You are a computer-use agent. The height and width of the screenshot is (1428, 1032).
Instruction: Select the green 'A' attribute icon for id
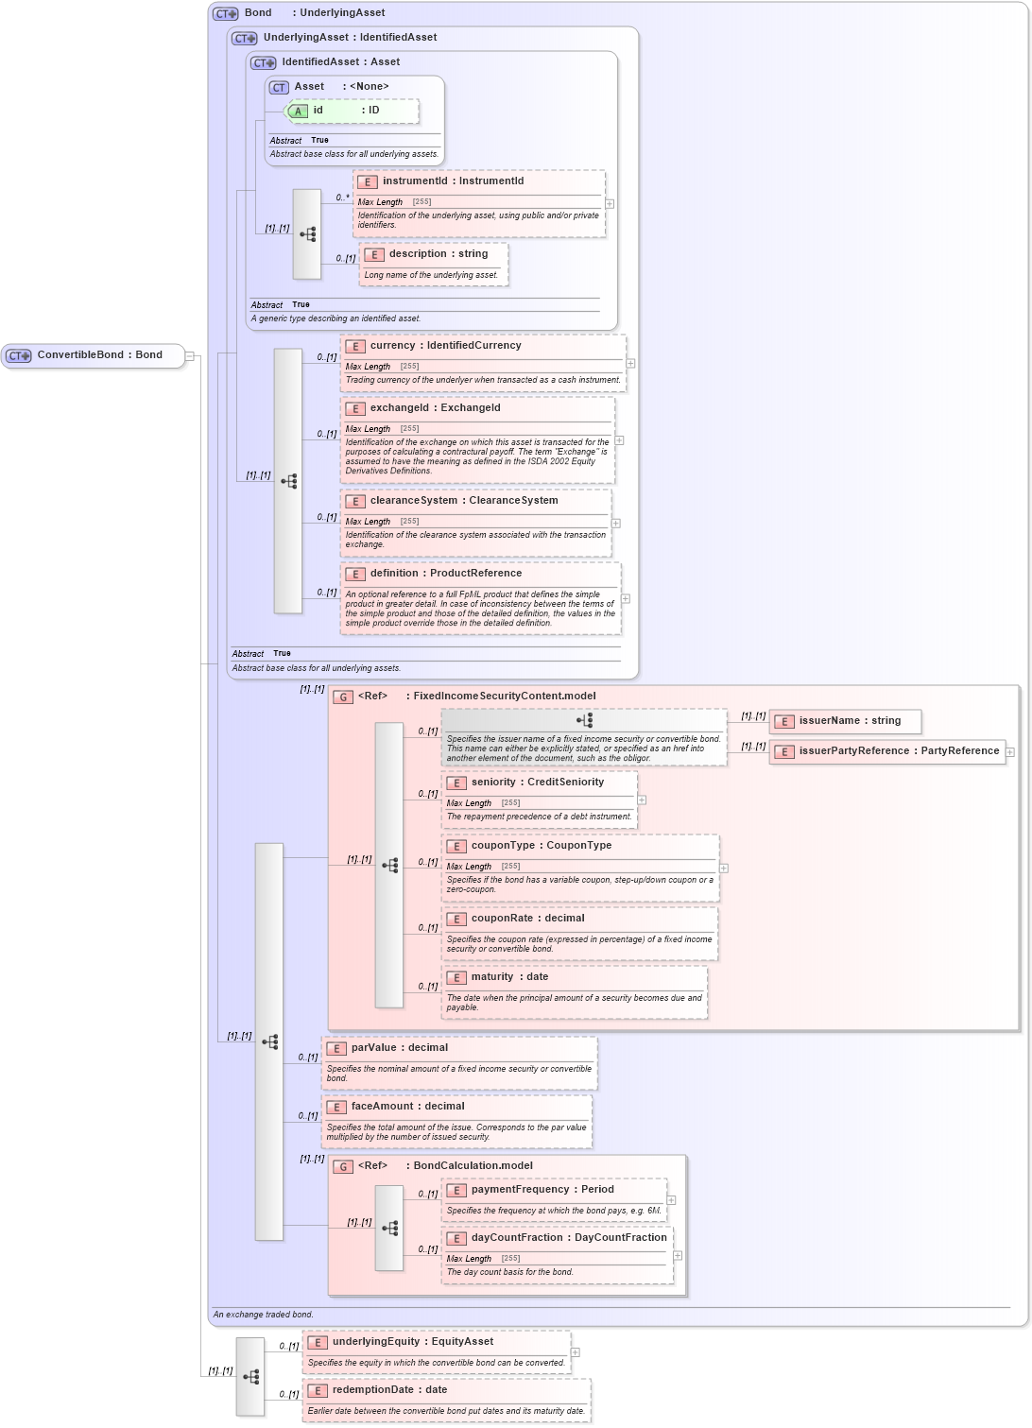298,112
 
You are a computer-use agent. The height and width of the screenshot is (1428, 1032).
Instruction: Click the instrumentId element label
452,181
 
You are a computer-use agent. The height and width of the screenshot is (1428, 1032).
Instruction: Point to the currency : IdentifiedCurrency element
445,346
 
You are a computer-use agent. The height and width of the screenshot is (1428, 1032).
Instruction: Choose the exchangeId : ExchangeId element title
435,408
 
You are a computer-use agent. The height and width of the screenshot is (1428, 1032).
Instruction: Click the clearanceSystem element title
463,501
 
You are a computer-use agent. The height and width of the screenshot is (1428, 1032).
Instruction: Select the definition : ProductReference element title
445,574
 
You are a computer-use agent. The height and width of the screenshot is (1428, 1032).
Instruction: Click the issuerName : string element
849,721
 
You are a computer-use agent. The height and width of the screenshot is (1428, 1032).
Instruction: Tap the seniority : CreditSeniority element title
537,783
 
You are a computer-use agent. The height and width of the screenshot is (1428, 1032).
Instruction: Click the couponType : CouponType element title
541,846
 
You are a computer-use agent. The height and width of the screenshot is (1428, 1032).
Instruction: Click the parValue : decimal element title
399,1048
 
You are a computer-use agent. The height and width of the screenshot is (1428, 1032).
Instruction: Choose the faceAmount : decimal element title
407,1107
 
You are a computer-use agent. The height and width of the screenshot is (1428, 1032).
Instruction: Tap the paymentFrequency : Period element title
542,1190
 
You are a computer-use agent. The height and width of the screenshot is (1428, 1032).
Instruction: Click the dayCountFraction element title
568,1238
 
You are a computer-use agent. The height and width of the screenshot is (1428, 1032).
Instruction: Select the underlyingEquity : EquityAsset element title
412,1342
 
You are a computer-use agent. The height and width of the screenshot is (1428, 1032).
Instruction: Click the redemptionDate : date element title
389,1390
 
